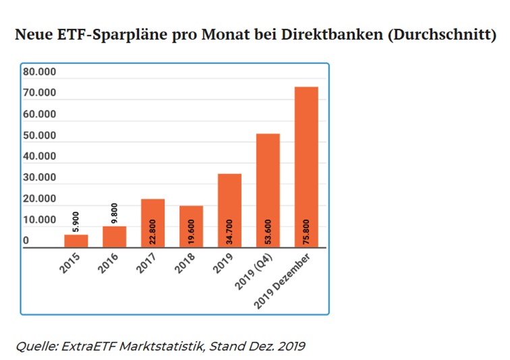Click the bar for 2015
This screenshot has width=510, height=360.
[76, 241]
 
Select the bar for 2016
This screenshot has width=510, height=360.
[115, 237]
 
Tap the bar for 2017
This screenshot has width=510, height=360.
[152, 223]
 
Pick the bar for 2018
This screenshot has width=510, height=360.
[191, 227]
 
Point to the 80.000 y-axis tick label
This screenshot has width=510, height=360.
[40, 72]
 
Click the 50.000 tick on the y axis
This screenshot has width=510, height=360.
[40, 136]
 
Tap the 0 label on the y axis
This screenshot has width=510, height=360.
[26, 241]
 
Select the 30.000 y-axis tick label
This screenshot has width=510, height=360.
[40, 178]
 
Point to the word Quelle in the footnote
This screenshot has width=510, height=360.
[36, 347]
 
